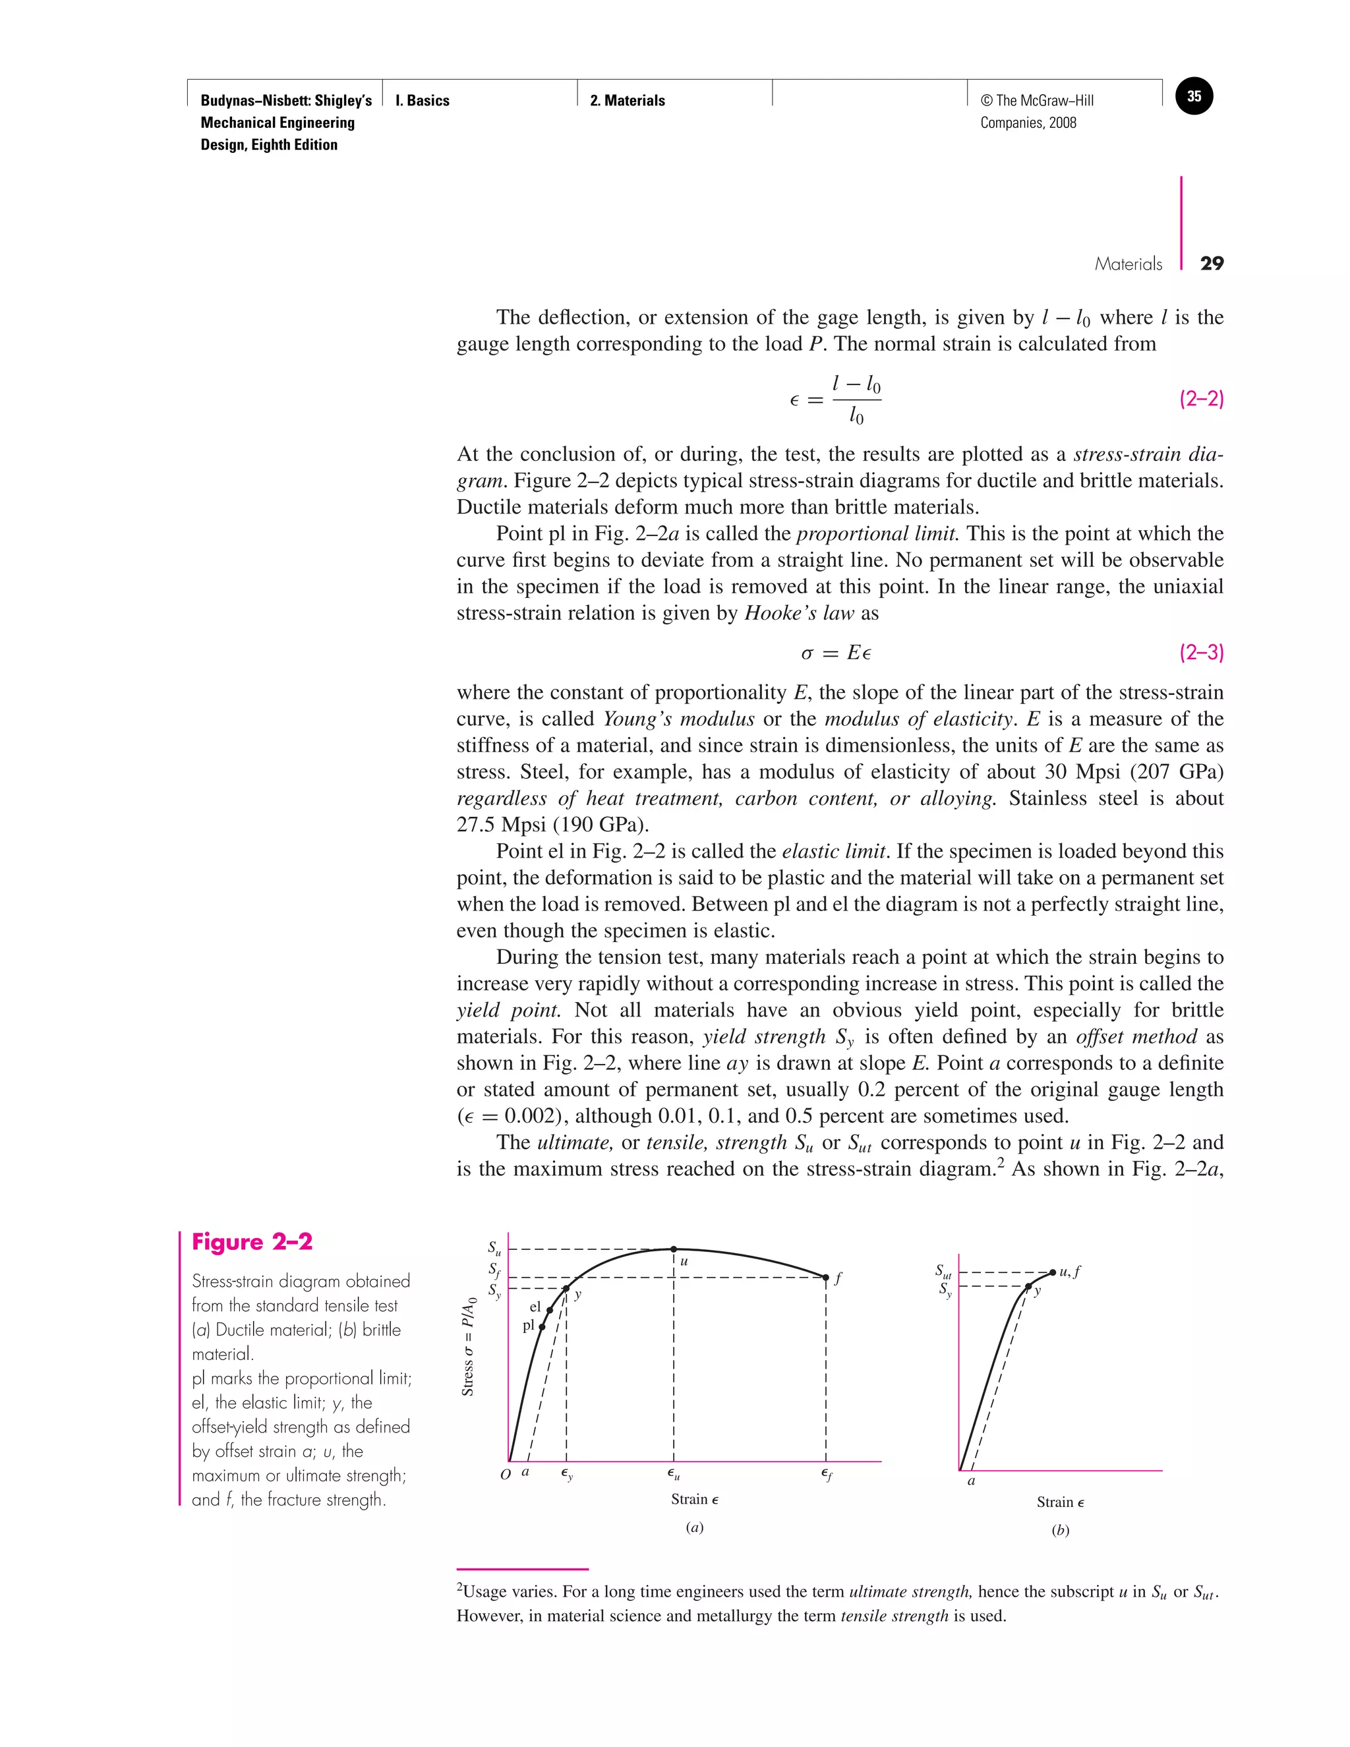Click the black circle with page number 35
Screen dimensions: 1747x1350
(1194, 97)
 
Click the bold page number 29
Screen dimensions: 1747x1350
(1212, 264)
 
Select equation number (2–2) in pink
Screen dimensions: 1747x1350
(1201, 399)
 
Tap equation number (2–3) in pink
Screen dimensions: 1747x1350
(1201, 653)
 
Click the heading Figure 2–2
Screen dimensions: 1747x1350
(252, 1242)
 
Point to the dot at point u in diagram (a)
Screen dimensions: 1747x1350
(674, 1249)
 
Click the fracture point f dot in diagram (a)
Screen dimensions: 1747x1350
(826, 1278)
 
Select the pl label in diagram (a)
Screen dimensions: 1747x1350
(528, 1326)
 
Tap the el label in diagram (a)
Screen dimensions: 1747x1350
(535, 1307)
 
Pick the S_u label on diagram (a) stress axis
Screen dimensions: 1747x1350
(494, 1248)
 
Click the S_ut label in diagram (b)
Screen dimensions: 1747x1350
(944, 1270)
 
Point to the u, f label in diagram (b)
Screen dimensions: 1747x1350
(1070, 1271)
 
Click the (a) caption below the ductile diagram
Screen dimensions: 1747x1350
(694, 1527)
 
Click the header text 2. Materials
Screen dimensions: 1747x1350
(627, 101)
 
